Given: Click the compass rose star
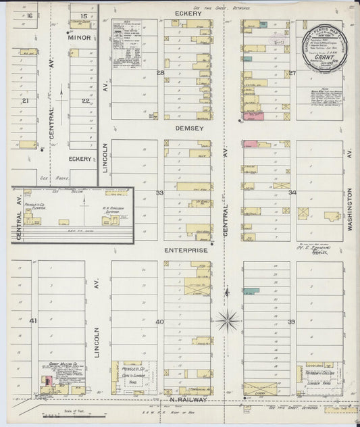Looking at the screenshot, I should pos(228,320).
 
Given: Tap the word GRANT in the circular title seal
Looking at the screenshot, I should pos(320,59).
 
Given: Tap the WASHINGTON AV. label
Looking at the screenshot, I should pos(350,210).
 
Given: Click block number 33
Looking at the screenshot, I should pos(160,193).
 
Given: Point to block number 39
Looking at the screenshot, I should pos(292,322).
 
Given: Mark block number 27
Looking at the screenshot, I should pos(292,72).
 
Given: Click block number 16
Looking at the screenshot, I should pos(30,15).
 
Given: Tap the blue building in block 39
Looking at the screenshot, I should pos(251,291).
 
